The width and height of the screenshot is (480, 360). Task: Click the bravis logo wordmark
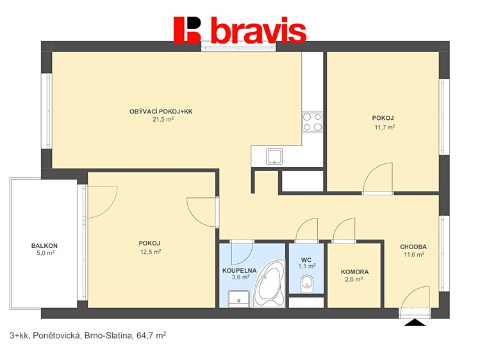(240, 30)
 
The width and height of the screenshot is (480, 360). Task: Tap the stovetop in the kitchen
(312, 122)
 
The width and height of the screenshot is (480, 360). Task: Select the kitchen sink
(274, 156)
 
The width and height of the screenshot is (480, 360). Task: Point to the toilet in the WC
(306, 284)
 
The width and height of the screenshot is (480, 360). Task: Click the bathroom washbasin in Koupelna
(238, 299)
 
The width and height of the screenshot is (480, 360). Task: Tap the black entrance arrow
(415, 322)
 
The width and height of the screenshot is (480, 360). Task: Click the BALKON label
(44, 245)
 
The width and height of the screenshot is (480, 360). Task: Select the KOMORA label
(355, 272)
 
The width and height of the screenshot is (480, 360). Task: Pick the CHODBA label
(413, 247)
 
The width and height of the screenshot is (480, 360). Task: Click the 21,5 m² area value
(163, 119)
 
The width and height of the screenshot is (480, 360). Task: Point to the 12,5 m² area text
(150, 252)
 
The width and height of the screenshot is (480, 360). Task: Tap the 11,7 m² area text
(385, 127)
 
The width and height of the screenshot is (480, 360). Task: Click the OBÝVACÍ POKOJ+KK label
(161, 111)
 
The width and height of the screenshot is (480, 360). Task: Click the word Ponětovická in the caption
(56, 336)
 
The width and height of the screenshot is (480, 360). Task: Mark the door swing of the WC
(307, 230)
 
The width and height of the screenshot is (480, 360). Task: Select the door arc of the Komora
(344, 230)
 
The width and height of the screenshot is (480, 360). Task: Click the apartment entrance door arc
(415, 297)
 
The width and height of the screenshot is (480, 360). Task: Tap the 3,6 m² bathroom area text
(240, 277)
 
